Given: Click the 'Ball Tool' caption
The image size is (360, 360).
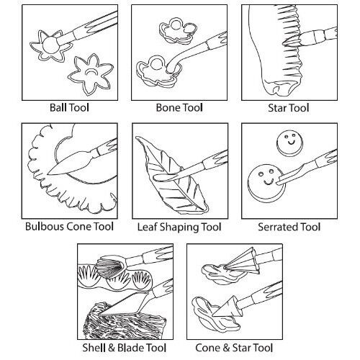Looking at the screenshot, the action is click(69, 107).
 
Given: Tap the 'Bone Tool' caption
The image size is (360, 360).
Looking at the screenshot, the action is click(179, 107).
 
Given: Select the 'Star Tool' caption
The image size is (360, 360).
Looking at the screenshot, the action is click(289, 108).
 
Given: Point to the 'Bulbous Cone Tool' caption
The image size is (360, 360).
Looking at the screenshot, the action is click(69, 227).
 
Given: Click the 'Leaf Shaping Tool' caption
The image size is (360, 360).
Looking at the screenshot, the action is click(179, 227).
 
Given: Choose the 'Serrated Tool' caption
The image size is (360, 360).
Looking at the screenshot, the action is click(289, 227).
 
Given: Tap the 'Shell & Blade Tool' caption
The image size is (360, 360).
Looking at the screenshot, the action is click(125, 348).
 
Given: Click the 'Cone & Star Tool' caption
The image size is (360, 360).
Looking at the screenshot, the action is click(234, 348).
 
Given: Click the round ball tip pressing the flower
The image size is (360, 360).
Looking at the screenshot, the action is click(50, 45).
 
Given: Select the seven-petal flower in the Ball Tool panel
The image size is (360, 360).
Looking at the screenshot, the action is click(91, 73).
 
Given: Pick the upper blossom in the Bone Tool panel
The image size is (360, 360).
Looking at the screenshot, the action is click(178, 30).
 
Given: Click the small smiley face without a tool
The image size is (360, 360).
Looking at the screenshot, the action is click(290, 143).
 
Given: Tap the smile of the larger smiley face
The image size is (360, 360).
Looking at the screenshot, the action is click(269, 182).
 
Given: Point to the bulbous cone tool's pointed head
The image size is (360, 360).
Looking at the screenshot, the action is click(70, 163).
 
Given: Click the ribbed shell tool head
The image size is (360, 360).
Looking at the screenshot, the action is click(112, 266).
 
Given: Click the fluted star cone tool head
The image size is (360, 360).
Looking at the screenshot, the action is click(243, 261).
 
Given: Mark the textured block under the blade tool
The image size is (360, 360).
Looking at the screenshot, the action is click(125, 322).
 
